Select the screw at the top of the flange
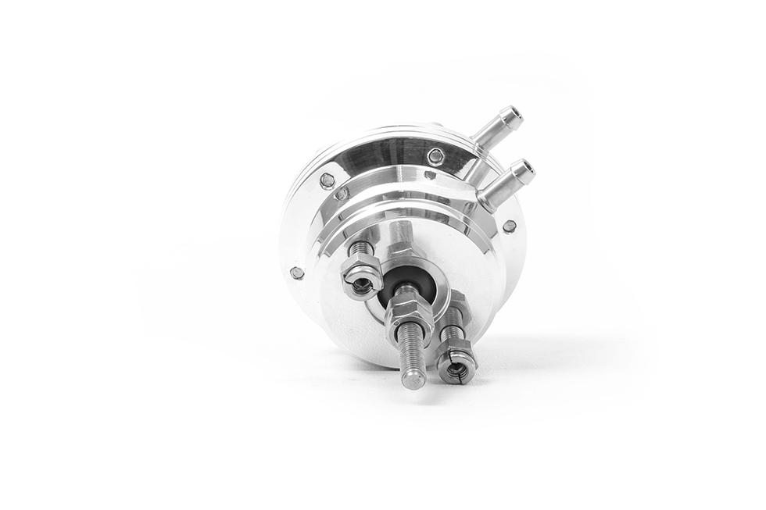pyautogui.click(x=435, y=156)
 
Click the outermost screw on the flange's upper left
pyautogui.click(x=328, y=180)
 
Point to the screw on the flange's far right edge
pyautogui.click(x=509, y=226)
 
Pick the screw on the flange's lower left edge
pyautogui.click(x=297, y=273)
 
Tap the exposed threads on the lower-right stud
pyautogui.click(x=452, y=332)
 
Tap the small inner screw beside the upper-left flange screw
pyautogui.click(x=342, y=194)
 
